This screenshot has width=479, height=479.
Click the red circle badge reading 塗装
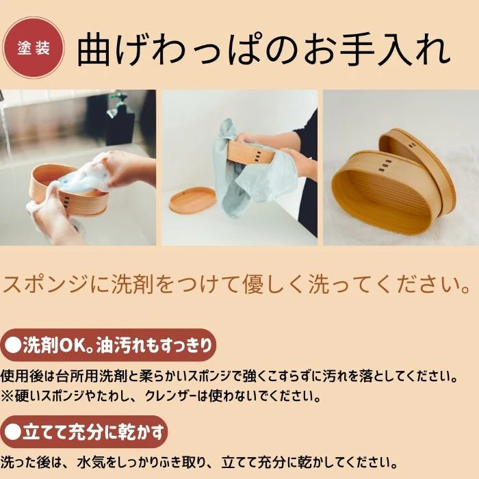[34, 48]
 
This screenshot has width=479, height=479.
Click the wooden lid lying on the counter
[193, 200]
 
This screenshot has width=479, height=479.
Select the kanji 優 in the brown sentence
[253, 283]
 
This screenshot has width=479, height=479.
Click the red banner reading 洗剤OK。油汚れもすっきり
[108, 345]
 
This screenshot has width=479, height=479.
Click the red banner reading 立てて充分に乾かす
[84, 432]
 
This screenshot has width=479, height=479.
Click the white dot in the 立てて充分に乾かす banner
[13, 432]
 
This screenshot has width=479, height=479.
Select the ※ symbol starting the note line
[8, 396]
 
